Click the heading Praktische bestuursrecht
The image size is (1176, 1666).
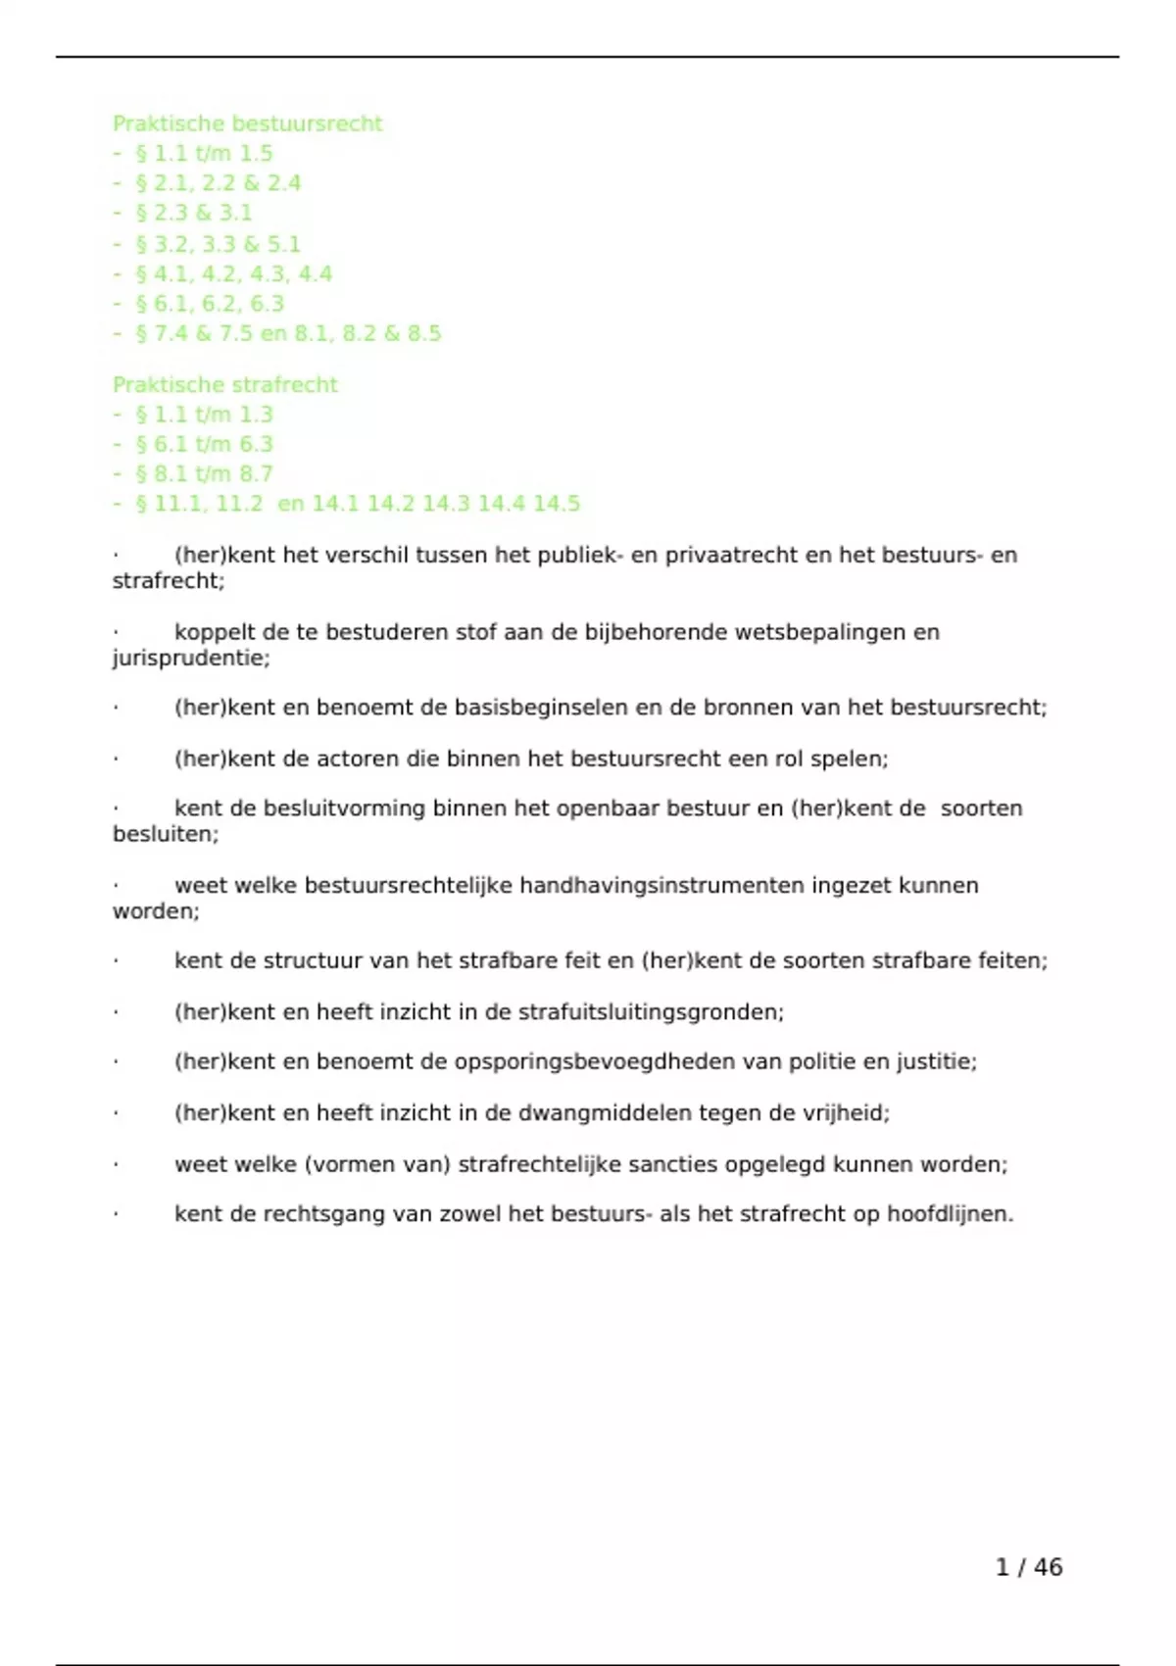point(247,123)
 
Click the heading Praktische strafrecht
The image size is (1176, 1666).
point(224,384)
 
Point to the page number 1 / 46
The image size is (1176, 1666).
point(1028,1567)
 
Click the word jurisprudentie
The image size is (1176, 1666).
point(189,658)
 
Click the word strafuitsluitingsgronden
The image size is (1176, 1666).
point(650,1012)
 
